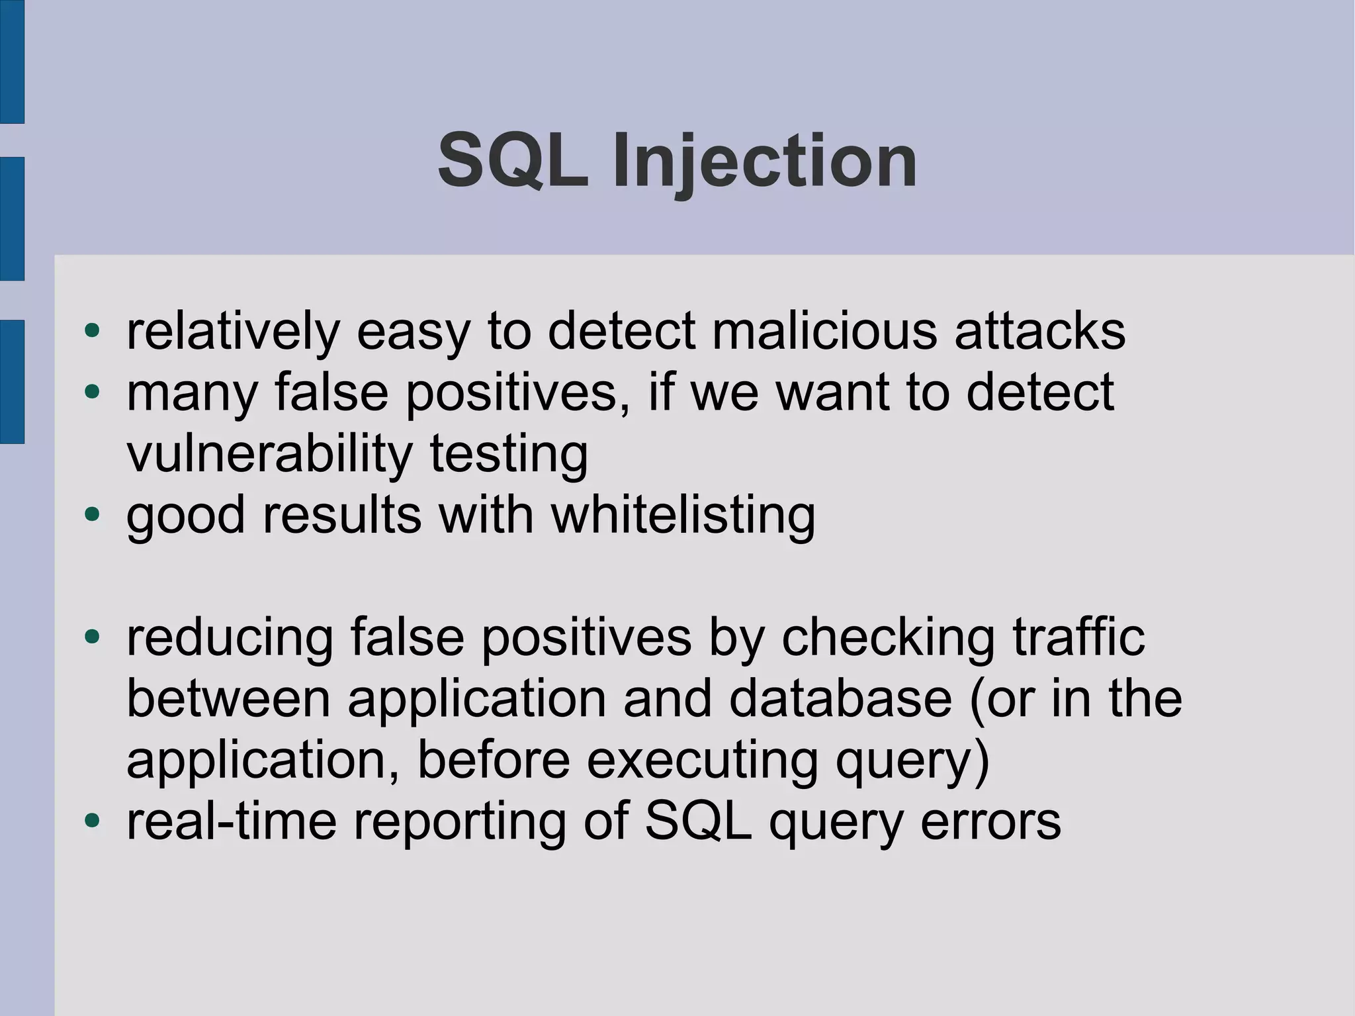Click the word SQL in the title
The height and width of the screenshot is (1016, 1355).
click(513, 161)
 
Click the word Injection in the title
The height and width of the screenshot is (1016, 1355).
click(764, 161)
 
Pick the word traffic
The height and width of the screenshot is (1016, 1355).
click(1078, 637)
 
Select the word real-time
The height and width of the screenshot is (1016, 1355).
click(232, 821)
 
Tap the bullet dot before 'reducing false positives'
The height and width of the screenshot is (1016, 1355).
click(92, 637)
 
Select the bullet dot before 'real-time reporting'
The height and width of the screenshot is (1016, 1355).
click(92, 821)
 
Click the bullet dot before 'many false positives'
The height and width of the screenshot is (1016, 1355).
click(92, 392)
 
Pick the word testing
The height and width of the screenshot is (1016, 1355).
click(509, 455)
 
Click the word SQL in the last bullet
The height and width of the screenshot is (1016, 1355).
click(698, 821)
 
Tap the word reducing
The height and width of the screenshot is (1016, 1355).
click(230, 638)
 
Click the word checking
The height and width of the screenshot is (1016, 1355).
click(887, 638)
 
